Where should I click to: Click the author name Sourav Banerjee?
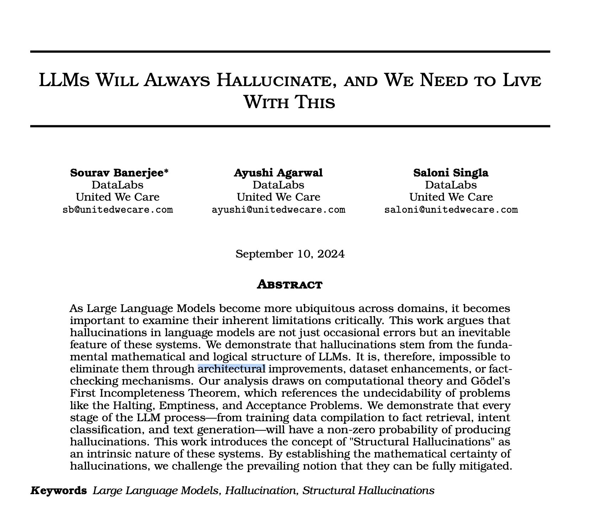(117, 173)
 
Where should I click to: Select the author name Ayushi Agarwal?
(278, 173)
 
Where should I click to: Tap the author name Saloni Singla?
(451, 173)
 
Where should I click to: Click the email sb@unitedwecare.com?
(118, 210)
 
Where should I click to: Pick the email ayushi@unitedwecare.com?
(278, 210)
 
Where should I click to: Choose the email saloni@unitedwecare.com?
(451, 210)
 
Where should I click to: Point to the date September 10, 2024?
(290, 254)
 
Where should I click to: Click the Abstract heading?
(290, 285)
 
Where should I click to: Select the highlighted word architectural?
(231, 369)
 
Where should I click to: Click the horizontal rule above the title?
(290, 52)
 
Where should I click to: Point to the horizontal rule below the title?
(290, 126)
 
